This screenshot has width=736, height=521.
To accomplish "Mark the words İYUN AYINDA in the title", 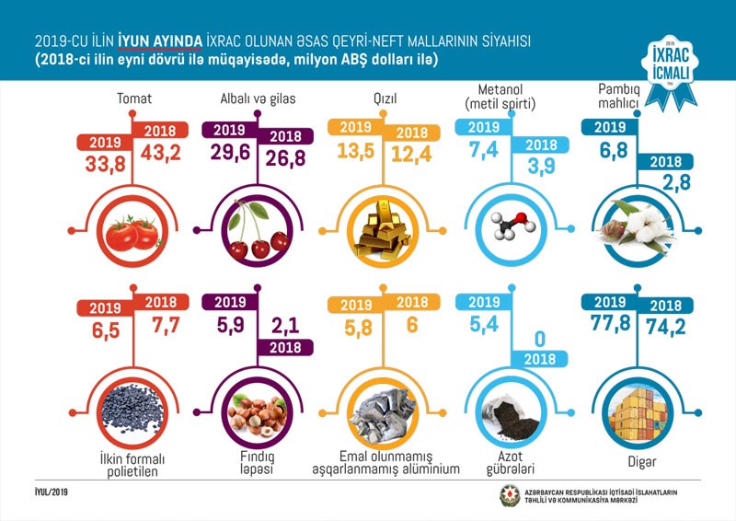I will point(158,41).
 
